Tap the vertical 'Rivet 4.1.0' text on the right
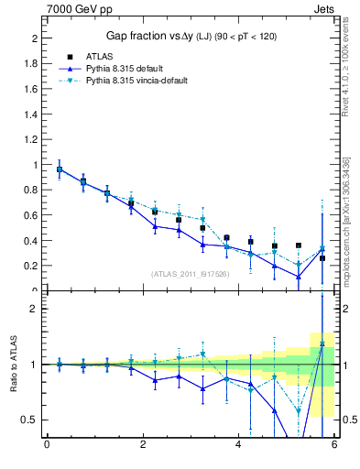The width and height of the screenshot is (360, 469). [x=346, y=73]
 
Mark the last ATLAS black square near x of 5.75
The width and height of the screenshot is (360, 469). [x=322, y=258]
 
